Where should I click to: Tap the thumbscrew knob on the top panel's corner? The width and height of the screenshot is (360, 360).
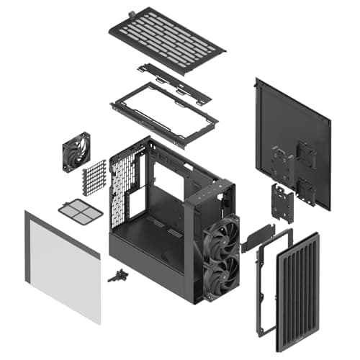tap(132, 13)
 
